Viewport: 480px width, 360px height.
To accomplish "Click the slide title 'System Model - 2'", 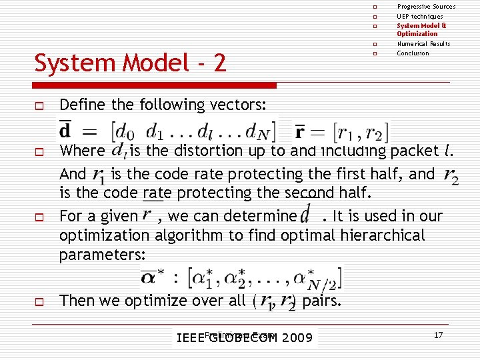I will [130, 63].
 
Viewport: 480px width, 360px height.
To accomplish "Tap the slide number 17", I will [438, 335].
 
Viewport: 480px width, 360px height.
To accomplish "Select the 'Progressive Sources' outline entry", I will [426, 7].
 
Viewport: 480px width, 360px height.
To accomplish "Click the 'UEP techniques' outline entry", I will [419, 16].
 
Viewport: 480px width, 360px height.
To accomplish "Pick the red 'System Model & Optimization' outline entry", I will [421, 29].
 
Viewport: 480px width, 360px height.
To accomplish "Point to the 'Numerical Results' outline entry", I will [423, 44].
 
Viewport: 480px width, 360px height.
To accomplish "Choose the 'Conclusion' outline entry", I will [413, 53].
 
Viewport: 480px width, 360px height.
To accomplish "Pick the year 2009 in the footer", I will [297, 338].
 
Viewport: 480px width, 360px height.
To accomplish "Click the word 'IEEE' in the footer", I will [191, 338].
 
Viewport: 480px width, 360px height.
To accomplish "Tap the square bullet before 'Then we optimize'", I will [40, 301].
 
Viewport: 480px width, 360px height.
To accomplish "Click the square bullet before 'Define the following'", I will [40, 105].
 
